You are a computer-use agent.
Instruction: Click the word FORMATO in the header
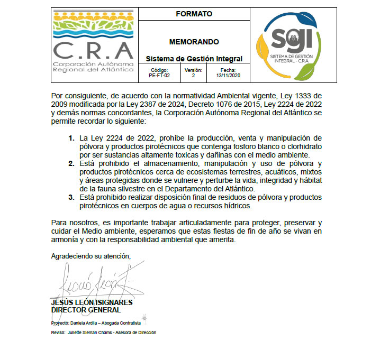click(x=194, y=14)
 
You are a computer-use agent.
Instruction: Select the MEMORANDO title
click(x=194, y=41)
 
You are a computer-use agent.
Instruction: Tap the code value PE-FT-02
click(x=159, y=76)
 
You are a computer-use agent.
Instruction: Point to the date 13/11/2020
click(x=229, y=76)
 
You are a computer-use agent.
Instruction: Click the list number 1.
click(x=71, y=139)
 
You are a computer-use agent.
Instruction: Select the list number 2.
click(x=71, y=164)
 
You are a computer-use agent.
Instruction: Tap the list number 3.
click(x=71, y=198)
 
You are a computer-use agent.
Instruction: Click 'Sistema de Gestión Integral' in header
click(x=194, y=59)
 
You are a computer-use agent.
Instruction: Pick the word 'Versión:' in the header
click(x=193, y=70)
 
